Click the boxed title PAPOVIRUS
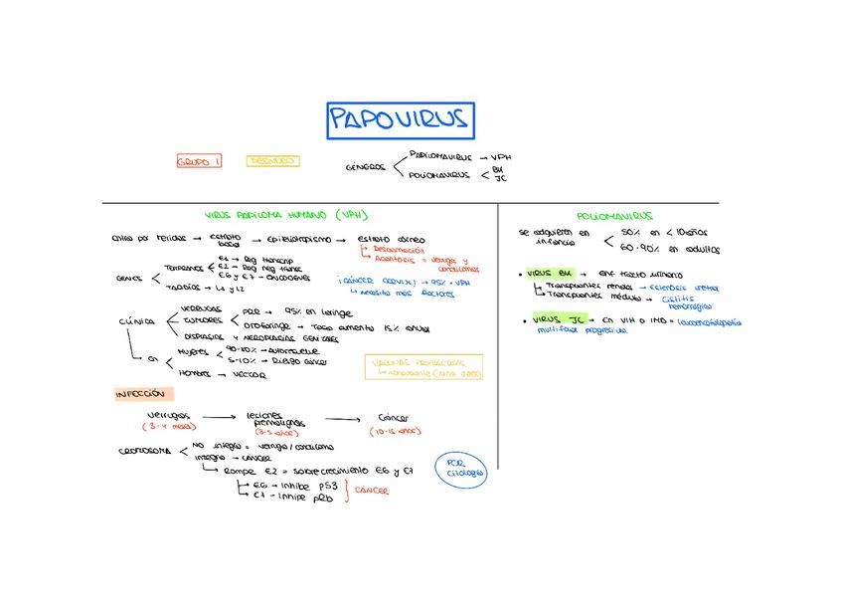coord(401,120)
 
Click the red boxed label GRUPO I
coord(200,161)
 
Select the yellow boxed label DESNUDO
coord(272,160)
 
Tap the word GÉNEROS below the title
coord(365,167)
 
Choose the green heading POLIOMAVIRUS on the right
coord(613,215)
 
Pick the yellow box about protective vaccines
coord(423,367)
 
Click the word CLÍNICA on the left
coord(136,322)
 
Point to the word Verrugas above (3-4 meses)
coord(169,416)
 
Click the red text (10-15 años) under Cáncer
coord(397,432)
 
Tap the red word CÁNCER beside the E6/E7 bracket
coord(372,490)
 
